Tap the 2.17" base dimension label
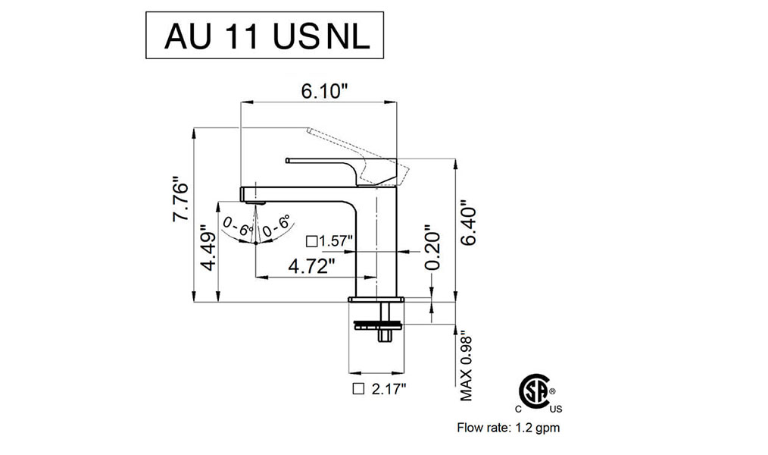tap(389, 389)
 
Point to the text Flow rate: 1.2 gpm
tap(508, 428)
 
